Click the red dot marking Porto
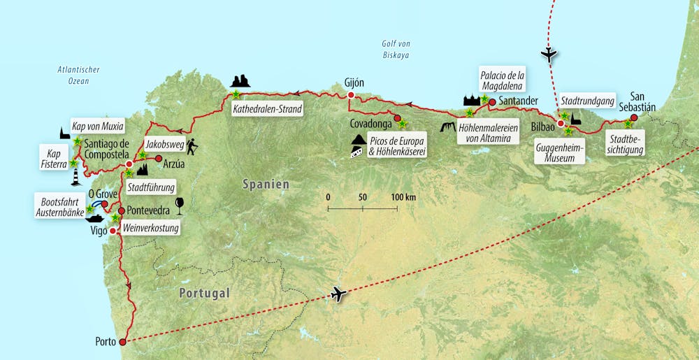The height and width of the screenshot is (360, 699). (123, 342)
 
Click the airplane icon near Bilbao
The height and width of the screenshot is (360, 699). (550, 54)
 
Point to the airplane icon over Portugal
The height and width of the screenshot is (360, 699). (339, 294)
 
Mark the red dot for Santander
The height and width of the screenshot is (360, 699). (492, 102)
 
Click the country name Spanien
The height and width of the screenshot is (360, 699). (266, 184)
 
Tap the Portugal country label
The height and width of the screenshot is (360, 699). (203, 294)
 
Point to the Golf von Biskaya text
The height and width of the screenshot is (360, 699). (395, 49)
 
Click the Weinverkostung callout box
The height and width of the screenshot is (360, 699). (151, 228)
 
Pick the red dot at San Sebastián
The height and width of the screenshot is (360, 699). (634, 117)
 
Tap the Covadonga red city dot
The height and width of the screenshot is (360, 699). (397, 117)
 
